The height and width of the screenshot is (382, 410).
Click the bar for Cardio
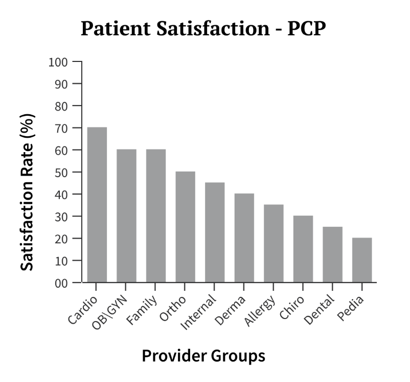(97, 205)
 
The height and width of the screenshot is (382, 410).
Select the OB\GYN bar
(126, 216)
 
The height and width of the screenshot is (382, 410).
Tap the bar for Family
(156, 216)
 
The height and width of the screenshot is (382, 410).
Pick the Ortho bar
(185, 227)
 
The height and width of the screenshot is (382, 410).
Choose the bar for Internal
(215, 232)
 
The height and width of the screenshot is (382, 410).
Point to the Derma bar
(244, 238)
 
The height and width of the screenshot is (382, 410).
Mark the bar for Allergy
(274, 243)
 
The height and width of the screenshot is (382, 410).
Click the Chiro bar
(303, 249)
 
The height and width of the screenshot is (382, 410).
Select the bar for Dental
(333, 254)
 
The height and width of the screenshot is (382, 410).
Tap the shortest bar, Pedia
(362, 260)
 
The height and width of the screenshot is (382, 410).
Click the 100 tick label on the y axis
(58, 62)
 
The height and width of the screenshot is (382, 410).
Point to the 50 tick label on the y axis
(61, 172)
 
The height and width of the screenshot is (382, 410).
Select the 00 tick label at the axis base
(61, 283)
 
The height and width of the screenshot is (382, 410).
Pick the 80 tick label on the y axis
(61, 106)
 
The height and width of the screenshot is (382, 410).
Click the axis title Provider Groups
(203, 355)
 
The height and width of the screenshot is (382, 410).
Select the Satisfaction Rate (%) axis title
(29, 193)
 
